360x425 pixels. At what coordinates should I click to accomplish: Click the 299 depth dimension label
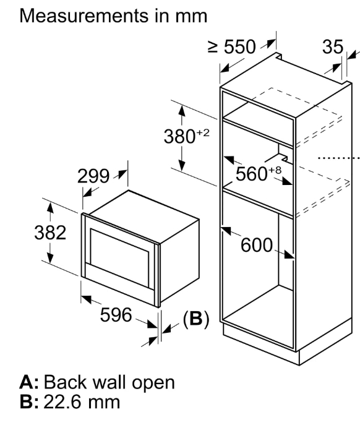[x=93, y=176]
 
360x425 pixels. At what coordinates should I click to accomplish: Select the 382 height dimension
[x=50, y=233]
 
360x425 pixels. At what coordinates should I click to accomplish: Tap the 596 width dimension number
[x=116, y=315]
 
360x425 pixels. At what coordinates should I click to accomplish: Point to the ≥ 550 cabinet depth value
[x=232, y=46]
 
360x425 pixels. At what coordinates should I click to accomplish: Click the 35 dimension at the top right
[x=333, y=47]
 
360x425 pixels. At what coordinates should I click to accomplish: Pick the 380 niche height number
[x=179, y=136]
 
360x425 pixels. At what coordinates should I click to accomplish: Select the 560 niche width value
[x=252, y=174]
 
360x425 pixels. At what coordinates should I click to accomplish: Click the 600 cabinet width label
[x=257, y=245]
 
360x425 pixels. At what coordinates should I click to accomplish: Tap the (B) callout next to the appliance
[x=196, y=319]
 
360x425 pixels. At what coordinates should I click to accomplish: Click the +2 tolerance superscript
[x=203, y=133]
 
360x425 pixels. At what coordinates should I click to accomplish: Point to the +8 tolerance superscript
[x=275, y=171]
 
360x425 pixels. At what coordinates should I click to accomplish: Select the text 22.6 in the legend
[x=62, y=402]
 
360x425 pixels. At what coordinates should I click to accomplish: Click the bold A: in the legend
[x=29, y=382]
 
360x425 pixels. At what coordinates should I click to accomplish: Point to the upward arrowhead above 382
[x=50, y=208]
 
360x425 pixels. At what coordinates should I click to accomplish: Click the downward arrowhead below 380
[x=182, y=165]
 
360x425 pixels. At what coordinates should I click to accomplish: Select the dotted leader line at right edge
[x=338, y=158]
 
